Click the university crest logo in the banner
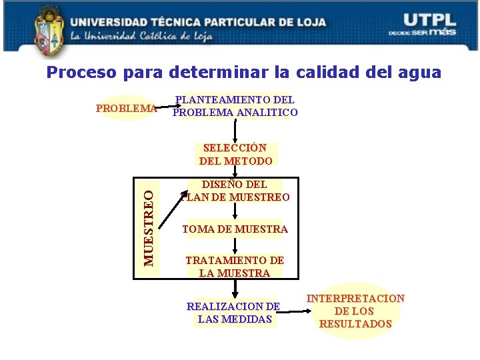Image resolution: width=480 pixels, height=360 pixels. click(x=47, y=30)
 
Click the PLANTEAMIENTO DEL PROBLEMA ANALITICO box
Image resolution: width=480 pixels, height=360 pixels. click(x=235, y=106)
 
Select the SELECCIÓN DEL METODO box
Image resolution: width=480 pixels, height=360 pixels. click(x=235, y=154)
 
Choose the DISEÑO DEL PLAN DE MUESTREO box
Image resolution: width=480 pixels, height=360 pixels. click(x=235, y=191)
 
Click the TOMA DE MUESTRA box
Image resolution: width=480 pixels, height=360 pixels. click(x=235, y=229)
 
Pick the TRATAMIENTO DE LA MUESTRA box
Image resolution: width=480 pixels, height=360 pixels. click(x=235, y=267)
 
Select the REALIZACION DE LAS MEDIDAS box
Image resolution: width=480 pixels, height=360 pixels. click(x=233, y=313)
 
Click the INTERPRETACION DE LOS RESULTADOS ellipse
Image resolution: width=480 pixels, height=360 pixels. click(x=355, y=311)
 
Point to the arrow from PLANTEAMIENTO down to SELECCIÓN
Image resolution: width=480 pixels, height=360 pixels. click(x=235, y=131)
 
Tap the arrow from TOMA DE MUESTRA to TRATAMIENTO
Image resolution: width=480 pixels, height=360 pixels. click(x=235, y=245)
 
